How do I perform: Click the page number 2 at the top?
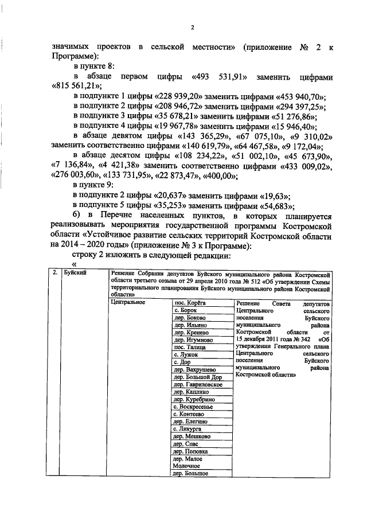tap(193, 27)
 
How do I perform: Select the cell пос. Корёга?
tap(190, 302)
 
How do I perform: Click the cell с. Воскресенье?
tap(193, 407)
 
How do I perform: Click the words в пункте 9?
tap(95, 185)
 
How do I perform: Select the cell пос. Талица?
tap(189, 348)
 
